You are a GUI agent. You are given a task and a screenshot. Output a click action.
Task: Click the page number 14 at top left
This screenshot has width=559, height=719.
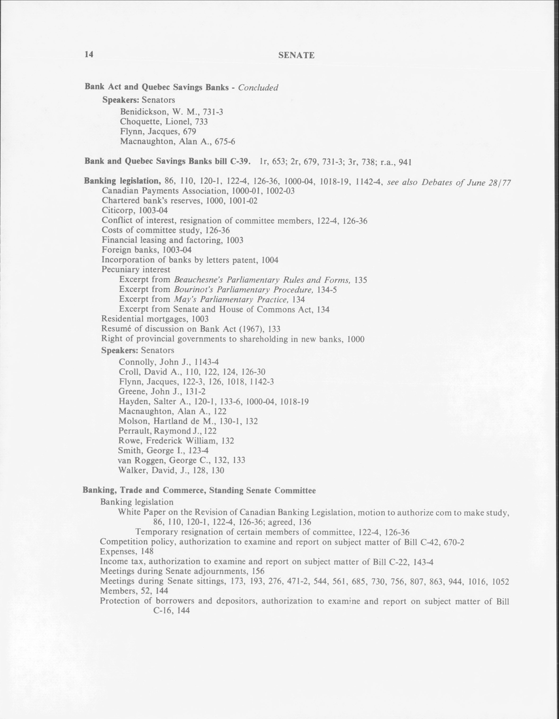click(x=89, y=54)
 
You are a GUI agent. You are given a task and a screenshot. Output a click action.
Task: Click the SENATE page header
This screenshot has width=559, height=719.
click(x=296, y=56)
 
